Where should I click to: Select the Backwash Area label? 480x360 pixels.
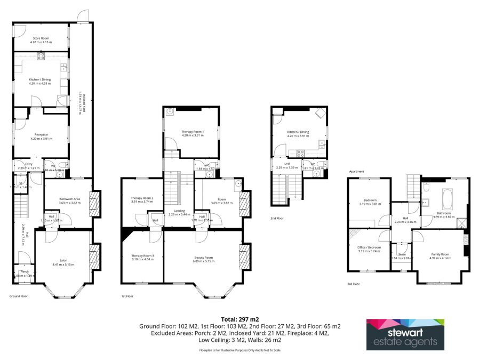click(69, 199)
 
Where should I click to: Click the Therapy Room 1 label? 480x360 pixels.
click(193, 132)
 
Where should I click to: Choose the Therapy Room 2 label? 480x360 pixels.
click(142, 199)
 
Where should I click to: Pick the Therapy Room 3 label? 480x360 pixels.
click(142, 257)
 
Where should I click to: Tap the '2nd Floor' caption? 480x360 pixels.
click(277, 219)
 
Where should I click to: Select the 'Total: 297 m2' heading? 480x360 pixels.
click(239, 318)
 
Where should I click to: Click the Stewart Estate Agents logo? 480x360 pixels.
click(405, 334)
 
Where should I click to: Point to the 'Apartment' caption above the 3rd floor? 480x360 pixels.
click(356, 172)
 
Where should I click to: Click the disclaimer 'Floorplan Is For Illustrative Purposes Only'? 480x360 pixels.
click(239, 350)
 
